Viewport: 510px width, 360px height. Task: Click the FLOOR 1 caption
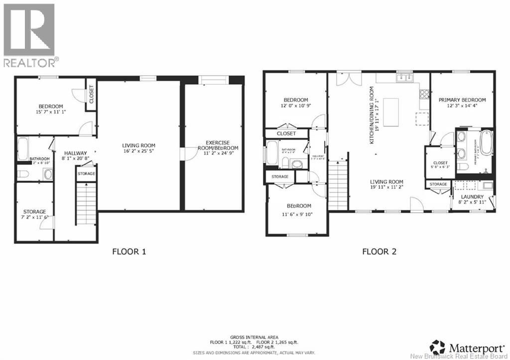129,251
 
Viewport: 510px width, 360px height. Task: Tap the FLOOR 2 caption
379,251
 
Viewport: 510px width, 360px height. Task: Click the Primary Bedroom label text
462,100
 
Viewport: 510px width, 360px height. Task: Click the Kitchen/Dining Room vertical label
372,115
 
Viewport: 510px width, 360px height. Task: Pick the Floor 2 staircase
338,186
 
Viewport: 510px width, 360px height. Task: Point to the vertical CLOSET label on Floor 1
91,94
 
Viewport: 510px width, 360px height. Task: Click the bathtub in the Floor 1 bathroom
23,148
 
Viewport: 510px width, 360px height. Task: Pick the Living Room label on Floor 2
386,182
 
